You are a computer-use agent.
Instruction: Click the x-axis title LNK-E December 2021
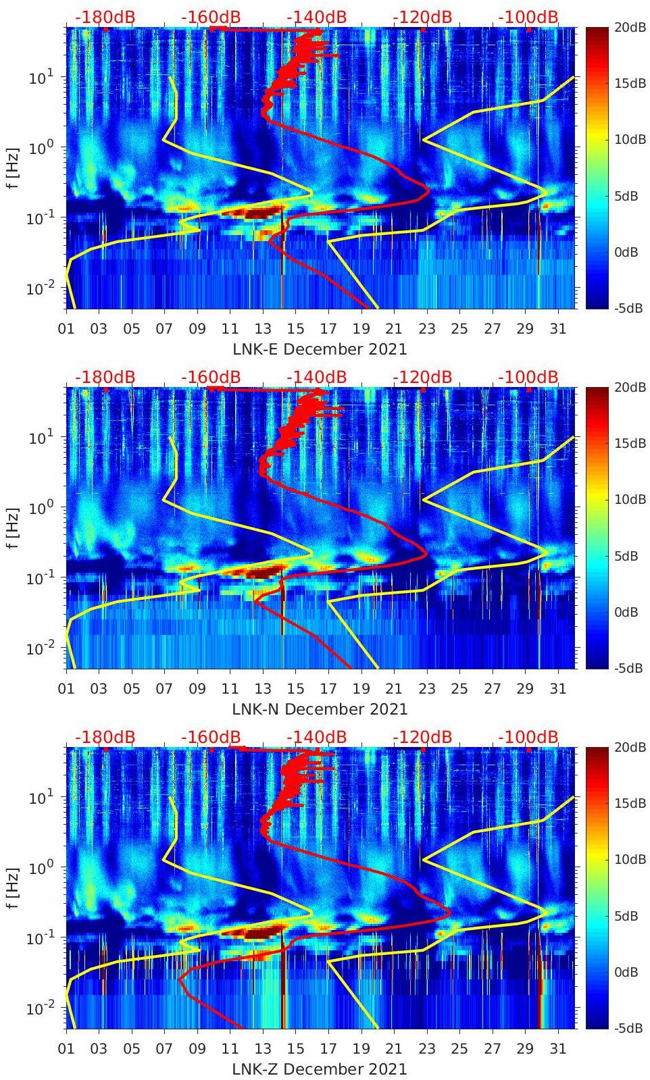[320, 349]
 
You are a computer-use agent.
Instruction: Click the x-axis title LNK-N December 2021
[320, 709]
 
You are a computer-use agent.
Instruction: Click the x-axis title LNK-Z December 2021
[320, 1069]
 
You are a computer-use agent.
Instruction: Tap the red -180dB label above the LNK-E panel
[105, 17]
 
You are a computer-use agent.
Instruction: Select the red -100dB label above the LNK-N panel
[528, 377]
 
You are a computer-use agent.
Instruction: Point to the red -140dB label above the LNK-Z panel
[316, 737]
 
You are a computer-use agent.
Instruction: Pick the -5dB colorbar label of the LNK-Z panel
[628, 1029]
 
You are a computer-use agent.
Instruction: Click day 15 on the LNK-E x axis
[295, 329]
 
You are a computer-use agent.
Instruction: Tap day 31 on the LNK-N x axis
[557, 689]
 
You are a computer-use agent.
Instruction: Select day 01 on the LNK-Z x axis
[66, 1049]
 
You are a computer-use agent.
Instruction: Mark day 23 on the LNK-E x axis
[426, 329]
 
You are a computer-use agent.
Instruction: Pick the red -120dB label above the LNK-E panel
[422, 17]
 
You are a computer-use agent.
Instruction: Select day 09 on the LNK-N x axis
[197, 689]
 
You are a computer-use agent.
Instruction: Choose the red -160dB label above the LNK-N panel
[211, 377]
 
